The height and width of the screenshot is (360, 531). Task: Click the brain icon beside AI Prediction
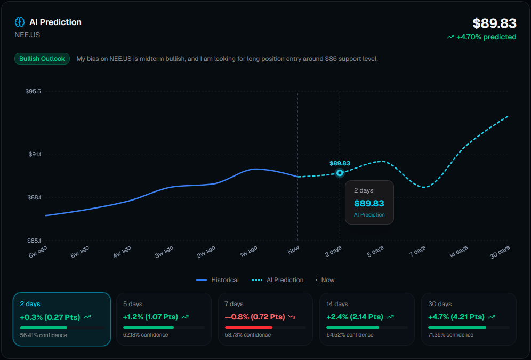(x=20, y=22)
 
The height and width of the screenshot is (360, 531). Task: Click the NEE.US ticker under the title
(x=27, y=35)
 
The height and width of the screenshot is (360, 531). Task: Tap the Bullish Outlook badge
(x=42, y=59)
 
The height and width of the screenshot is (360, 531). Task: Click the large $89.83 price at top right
(x=494, y=23)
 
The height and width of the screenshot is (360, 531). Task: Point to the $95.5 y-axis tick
(x=33, y=91)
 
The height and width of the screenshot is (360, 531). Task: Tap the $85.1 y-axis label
(x=33, y=241)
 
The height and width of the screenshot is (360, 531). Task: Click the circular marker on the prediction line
(x=340, y=173)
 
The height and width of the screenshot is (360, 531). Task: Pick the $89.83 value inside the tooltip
(x=369, y=203)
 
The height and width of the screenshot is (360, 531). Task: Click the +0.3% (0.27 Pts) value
(x=50, y=317)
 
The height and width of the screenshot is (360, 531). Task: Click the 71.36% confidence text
(x=450, y=335)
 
